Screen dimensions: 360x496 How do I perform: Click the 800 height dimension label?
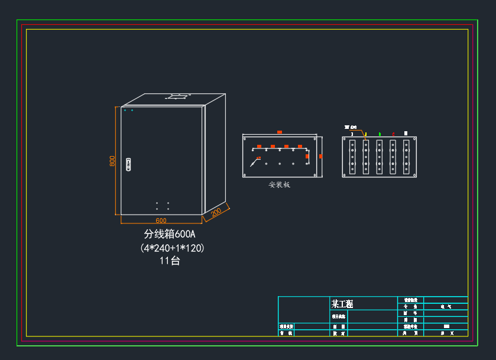point(112,161)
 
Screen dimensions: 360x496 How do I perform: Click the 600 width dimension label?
point(161,220)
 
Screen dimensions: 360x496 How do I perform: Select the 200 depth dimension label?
point(216,212)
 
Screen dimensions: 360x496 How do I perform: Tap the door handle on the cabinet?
point(128,164)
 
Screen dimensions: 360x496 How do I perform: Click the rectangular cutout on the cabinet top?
point(178,96)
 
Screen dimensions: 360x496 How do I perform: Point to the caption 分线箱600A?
point(170,234)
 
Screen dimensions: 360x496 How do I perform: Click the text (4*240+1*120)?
point(172,248)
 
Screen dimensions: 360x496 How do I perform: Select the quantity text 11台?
point(170,261)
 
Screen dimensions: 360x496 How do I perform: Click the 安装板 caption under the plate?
point(280,184)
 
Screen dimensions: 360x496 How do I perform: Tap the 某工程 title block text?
point(342,304)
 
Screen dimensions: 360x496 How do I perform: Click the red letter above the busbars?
point(394,134)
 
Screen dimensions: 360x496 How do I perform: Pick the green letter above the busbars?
point(380,134)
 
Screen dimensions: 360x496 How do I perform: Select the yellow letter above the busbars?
point(366,134)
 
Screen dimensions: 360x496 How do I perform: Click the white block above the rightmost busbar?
point(406,134)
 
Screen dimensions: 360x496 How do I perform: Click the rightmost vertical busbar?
point(406,157)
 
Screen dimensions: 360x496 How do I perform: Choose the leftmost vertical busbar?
point(352,157)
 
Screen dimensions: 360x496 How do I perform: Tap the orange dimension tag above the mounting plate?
point(280,132)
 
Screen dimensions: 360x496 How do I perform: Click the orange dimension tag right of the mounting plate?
point(320,156)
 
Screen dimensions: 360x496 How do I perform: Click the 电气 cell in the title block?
point(446,307)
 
